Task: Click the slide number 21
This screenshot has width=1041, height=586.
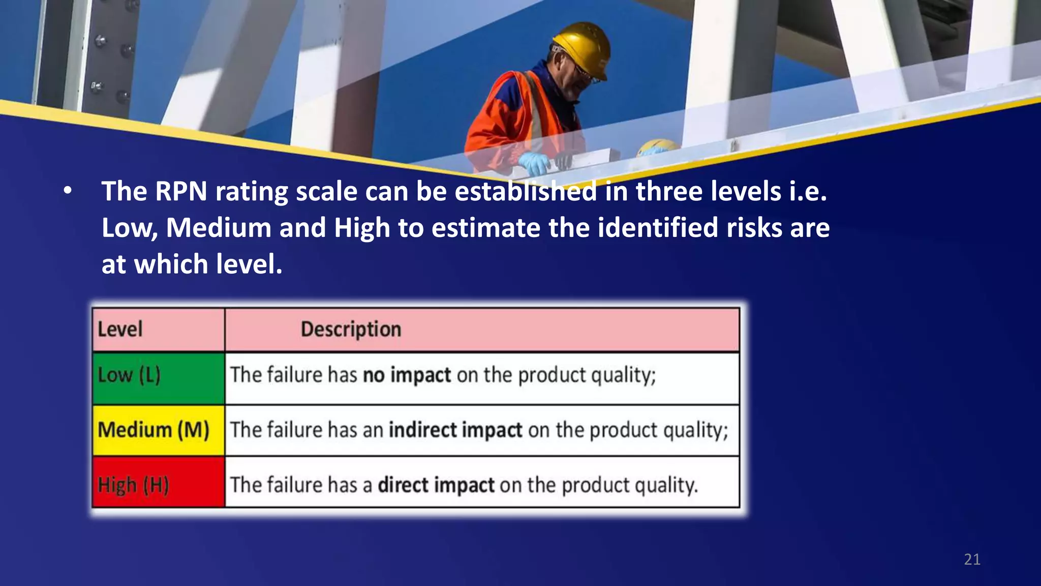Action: (x=972, y=560)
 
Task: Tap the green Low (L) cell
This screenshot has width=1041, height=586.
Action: (x=158, y=377)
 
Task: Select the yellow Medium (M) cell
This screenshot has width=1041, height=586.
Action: (x=158, y=430)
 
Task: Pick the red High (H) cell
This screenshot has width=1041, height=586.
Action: (x=158, y=483)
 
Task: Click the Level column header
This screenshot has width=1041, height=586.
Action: (x=120, y=329)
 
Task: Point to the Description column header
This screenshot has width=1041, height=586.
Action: (x=351, y=329)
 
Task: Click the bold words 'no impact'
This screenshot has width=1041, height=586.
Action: (x=407, y=375)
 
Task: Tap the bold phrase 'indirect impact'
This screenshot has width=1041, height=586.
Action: (x=455, y=430)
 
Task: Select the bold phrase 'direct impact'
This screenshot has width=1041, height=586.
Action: (x=436, y=485)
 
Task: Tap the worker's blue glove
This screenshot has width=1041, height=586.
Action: (x=534, y=163)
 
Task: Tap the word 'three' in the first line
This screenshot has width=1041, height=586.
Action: (x=668, y=192)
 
